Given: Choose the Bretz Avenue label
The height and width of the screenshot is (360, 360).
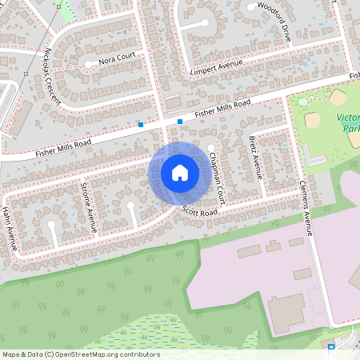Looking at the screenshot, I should click(x=256, y=155).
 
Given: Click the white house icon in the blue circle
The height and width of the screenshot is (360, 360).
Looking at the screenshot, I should click(x=179, y=173).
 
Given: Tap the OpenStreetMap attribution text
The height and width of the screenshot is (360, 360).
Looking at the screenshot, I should click(x=80, y=354).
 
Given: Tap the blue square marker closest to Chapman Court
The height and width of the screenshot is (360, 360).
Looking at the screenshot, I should click(x=180, y=122).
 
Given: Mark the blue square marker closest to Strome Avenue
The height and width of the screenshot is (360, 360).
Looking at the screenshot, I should click(x=141, y=124).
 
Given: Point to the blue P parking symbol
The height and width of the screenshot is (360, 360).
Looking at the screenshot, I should click(x=332, y=349).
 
